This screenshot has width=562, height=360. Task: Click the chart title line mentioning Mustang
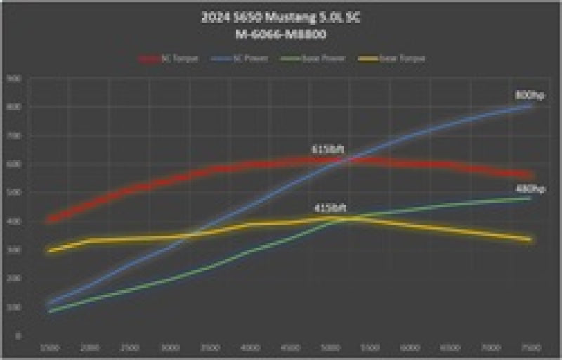pyautogui.click(x=281, y=19)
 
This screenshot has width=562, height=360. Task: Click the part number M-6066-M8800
pyautogui.click(x=281, y=33)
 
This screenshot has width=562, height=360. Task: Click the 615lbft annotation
pyautogui.click(x=326, y=150)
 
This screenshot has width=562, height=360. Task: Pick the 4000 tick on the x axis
pyautogui.click(x=251, y=348)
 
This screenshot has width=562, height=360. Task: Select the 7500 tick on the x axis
pyautogui.click(x=530, y=348)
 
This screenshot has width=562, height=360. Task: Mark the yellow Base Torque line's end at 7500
pyautogui.click(x=530, y=240)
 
